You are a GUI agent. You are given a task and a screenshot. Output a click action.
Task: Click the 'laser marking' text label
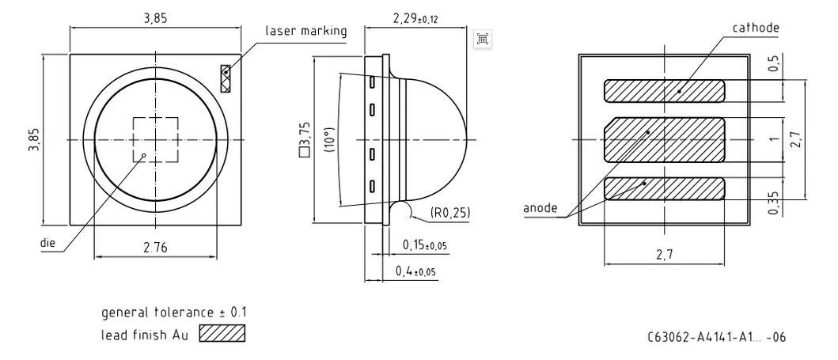306,31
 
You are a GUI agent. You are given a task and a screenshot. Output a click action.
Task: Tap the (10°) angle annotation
329,139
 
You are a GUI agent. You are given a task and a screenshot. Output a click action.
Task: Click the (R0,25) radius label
449,213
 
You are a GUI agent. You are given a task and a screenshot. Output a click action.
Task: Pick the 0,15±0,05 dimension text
424,245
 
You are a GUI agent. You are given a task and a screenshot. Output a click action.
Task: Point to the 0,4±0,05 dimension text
416,271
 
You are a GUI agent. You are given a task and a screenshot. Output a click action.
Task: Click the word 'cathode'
756,28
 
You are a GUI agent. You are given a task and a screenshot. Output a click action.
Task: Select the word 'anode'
540,209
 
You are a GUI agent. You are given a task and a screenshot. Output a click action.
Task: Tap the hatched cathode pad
665,91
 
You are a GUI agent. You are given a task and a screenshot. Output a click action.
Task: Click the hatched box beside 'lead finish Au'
222,334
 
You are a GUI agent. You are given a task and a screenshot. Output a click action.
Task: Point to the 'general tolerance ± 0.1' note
167,313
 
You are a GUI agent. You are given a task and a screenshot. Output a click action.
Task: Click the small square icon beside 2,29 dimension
483,40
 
